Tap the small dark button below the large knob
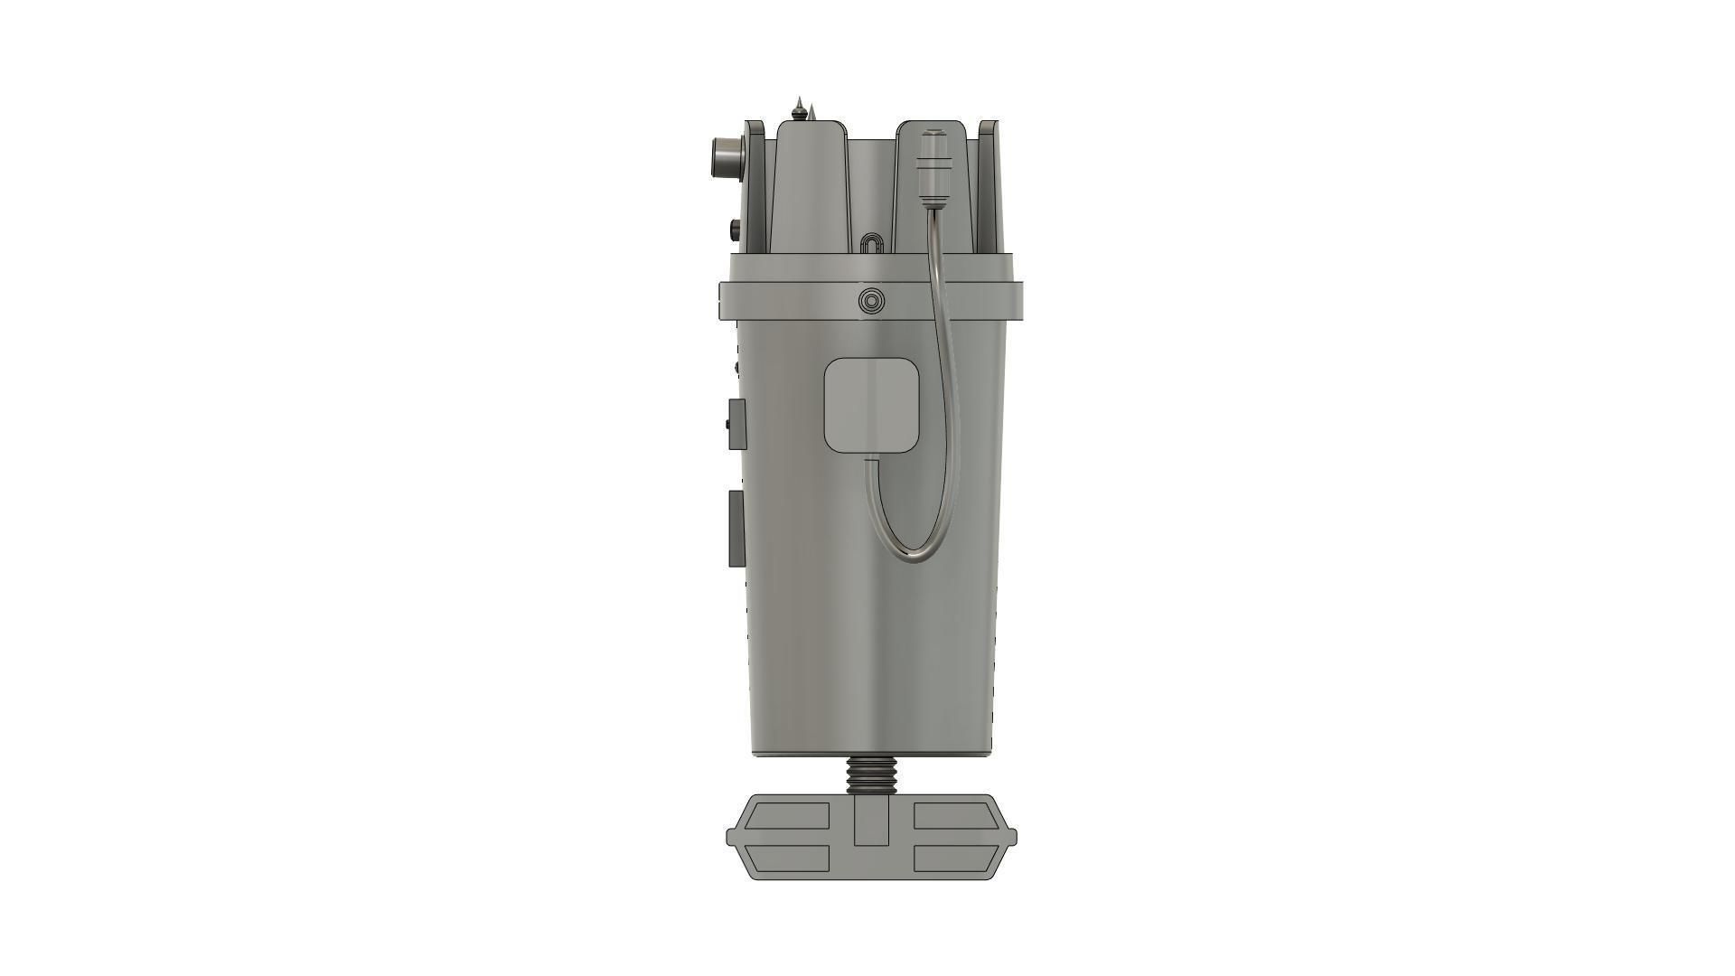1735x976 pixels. pos(735,229)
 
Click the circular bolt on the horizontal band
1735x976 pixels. pos(871,300)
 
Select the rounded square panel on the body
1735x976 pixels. pos(872,404)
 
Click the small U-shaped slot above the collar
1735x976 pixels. pos(870,245)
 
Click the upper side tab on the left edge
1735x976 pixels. pos(737,424)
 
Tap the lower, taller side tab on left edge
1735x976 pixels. pos(736,529)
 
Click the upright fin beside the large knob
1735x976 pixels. pos(754,185)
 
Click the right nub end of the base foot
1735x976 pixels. pos(1011,836)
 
